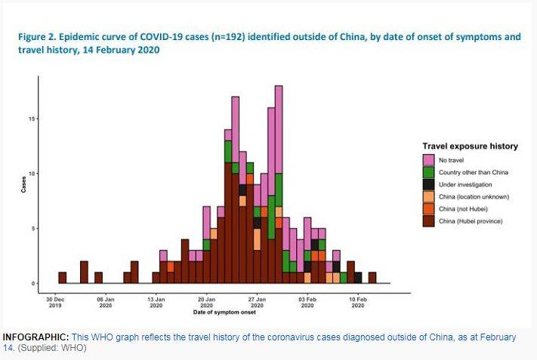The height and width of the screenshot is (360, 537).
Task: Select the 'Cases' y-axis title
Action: coord(23,185)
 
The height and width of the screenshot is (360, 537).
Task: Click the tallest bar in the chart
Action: coord(279,185)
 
